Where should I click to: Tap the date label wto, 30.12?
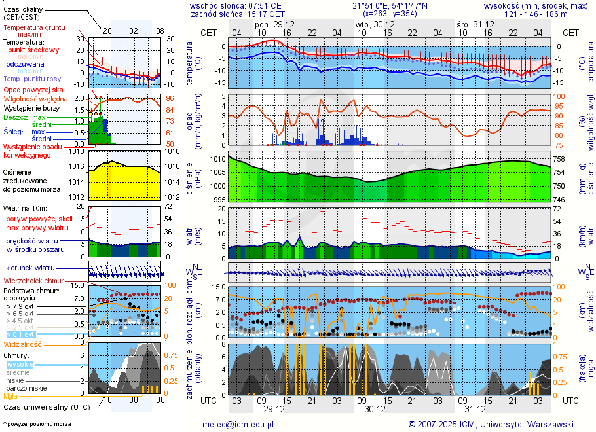(x=370, y=24)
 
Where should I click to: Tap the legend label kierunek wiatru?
(x=30, y=268)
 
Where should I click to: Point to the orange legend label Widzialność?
(x=23, y=344)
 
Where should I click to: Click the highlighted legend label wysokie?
(x=20, y=364)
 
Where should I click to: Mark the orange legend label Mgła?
(x=10, y=396)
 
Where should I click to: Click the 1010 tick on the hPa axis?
(x=217, y=159)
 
